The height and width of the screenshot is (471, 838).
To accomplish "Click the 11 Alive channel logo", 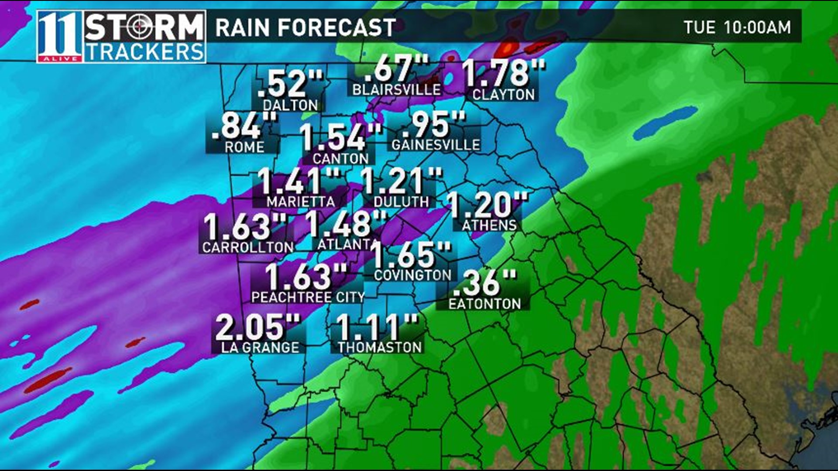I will (60, 37).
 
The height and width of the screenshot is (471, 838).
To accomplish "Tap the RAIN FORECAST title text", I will (306, 28).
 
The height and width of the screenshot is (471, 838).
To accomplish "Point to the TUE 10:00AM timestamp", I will (737, 27).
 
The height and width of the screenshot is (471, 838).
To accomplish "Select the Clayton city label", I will (503, 95).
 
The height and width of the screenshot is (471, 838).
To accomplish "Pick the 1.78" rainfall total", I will (503, 72).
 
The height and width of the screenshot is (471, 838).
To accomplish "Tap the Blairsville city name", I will (396, 89).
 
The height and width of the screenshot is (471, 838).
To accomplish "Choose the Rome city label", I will (244, 147).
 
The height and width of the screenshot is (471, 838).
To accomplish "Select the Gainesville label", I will (436, 144).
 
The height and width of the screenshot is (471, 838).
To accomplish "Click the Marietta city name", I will (301, 201).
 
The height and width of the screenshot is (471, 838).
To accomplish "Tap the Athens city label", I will (489, 225).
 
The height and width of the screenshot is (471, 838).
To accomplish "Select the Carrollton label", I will (248, 247).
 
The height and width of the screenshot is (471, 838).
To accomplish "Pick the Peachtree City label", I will (308, 297).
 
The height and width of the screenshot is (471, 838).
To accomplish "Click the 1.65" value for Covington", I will (411, 255).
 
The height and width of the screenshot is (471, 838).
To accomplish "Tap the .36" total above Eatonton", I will (484, 283).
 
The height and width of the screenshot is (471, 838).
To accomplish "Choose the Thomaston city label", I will (380, 347).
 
